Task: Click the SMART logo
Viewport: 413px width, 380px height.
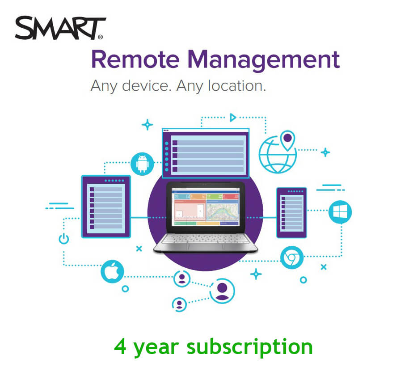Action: click(61, 29)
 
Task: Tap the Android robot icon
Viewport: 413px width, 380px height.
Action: click(143, 163)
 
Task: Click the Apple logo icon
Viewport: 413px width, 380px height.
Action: click(112, 271)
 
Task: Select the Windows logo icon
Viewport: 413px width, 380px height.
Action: click(340, 212)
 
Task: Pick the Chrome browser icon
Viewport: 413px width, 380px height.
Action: click(292, 258)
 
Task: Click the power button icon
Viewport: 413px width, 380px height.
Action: click(64, 238)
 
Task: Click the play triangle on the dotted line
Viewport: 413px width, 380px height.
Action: click(232, 118)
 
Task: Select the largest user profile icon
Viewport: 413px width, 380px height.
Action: click(222, 291)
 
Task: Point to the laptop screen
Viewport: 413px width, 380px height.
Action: click(206, 207)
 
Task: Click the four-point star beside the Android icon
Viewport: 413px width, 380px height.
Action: click(147, 125)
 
